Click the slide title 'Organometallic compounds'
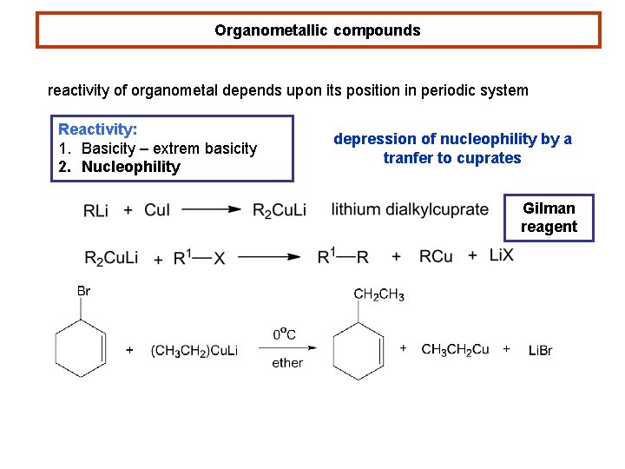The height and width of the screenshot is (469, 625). pyautogui.click(x=318, y=30)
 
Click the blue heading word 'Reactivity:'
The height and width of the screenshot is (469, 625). pyautogui.click(x=97, y=129)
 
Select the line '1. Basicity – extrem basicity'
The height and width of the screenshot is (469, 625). pyautogui.click(x=157, y=149)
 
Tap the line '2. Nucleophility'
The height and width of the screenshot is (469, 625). pyautogui.click(x=119, y=167)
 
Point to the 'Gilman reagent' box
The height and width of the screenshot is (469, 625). pyautogui.click(x=549, y=217)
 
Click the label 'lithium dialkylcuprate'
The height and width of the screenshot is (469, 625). pyautogui.click(x=410, y=209)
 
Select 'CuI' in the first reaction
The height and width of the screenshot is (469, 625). pyautogui.click(x=157, y=210)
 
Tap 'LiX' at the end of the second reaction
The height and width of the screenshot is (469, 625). pyautogui.click(x=502, y=254)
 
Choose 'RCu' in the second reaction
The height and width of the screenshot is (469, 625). pyautogui.click(x=436, y=256)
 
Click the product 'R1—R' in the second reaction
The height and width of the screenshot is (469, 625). pyautogui.click(x=343, y=256)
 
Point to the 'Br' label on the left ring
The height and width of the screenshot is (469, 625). pyautogui.click(x=83, y=291)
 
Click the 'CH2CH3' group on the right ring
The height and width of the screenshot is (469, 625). pyautogui.click(x=378, y=295)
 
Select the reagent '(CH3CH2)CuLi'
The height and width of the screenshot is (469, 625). pyautogui.click(x=194, y=350)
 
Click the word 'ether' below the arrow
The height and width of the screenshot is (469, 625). pyautogui.click(x=287, y=363)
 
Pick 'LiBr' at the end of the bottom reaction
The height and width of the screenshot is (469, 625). pyautogui.click(x=540, y=350)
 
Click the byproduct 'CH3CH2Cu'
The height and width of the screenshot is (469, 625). pyautogui.click(x=455, y=349)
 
